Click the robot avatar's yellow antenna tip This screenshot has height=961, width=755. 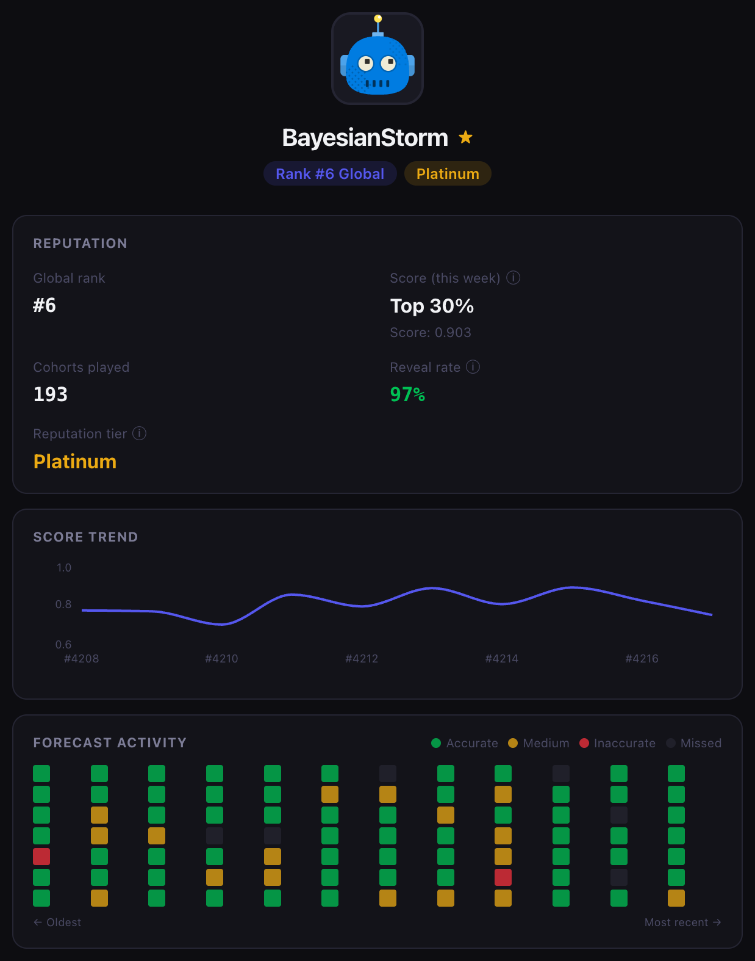point(378,18)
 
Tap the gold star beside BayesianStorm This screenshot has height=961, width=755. point(466,137)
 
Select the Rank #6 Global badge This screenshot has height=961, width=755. point(330,174)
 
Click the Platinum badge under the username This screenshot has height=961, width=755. point(448,174)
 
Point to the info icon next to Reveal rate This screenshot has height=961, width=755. point(473,367)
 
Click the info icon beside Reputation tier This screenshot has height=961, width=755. point(140,433)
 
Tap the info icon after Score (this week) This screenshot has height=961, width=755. point(513,278)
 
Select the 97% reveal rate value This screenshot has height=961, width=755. point(407,394)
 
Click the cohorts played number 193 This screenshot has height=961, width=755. point(51,394)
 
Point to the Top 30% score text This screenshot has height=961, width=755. point(432,306)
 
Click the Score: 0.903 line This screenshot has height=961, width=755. point(431,333)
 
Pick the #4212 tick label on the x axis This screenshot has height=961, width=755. point(362,659)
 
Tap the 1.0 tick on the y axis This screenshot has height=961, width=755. point(64,568)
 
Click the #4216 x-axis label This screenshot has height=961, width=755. point(642,659)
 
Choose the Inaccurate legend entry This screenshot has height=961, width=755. point(617,743)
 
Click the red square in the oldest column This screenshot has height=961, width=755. point(41,857)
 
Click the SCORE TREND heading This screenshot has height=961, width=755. point(85,537)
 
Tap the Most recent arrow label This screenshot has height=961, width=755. point(682,923)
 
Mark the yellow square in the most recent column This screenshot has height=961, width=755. point(676,898)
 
